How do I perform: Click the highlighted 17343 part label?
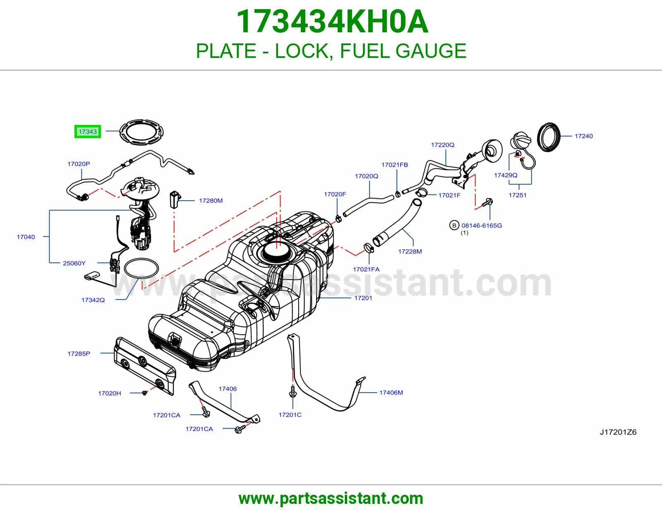87,132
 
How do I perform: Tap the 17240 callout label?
584,136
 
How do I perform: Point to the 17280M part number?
211,201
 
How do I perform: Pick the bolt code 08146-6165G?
482,226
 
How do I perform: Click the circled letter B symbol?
454,225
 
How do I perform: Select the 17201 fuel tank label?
363,298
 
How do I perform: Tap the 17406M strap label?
391,393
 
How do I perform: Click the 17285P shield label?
79,354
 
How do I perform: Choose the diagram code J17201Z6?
618,432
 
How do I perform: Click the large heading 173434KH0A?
332,22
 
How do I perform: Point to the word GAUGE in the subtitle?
431,51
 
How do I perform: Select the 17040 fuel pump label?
26,237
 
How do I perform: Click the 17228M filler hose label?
410,252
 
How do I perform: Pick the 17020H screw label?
110,393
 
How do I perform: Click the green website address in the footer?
331,499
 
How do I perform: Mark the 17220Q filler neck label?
443,145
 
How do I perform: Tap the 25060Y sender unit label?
74,263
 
